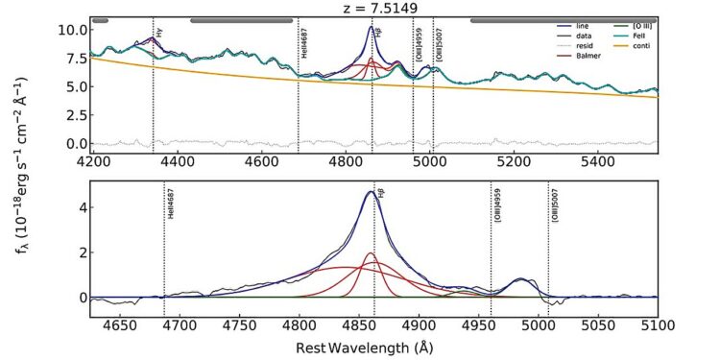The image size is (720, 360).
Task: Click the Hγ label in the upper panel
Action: (158, 32)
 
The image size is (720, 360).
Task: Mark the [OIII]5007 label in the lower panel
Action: (555, 208)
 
